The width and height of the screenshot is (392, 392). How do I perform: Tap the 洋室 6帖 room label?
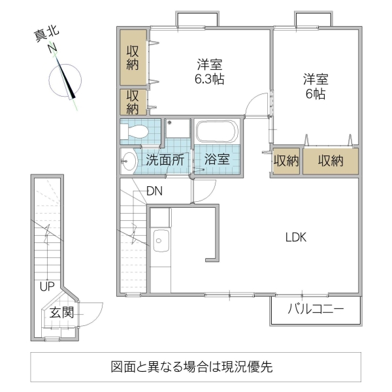coord(315,86)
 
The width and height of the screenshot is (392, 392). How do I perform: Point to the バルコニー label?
coord(315,310)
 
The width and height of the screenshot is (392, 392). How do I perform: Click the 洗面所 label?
coord(164,159)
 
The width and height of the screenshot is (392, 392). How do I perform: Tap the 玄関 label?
coord(61,313)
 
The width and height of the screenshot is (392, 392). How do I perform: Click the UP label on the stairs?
coord(46,286)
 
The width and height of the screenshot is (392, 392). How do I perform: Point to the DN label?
coord(154,191)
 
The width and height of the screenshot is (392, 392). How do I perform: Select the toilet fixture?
coord(137,131)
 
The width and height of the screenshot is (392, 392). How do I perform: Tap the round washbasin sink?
coord(129,159)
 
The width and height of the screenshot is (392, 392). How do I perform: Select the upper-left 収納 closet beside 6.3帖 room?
coord(133,57)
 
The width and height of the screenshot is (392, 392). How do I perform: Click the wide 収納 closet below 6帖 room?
coord(331,161)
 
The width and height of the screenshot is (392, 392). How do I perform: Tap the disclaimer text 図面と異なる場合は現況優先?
coord(195,367)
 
